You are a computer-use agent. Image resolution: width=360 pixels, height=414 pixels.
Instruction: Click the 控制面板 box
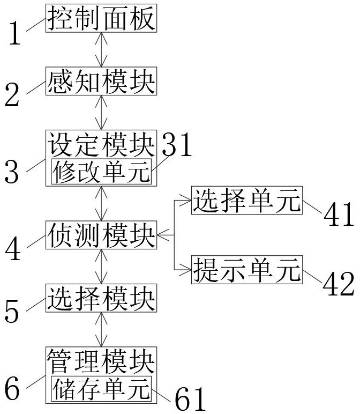point(101,18)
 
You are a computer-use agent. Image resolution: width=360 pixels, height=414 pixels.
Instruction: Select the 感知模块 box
point(101,81)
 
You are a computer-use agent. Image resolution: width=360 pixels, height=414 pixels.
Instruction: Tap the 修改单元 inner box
point(101,172)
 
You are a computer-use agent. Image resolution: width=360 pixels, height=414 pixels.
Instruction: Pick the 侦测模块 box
point(101,235)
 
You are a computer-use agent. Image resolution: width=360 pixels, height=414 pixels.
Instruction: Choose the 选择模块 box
point(101,298)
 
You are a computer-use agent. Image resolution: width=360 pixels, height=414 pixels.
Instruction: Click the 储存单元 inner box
point(101,389)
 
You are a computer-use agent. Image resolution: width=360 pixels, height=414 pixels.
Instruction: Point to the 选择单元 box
point(247,201)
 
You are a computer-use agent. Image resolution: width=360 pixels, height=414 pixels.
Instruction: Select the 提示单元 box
point(247,270)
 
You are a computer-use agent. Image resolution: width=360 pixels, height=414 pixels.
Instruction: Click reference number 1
point(15,33)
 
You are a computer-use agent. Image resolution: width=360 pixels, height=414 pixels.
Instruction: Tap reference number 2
point(12,95)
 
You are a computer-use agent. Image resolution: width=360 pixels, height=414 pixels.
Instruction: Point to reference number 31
point(177,144)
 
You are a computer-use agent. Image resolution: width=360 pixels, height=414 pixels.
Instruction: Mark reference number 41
point(339,214)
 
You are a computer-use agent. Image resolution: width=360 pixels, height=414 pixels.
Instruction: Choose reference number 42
point(339,284)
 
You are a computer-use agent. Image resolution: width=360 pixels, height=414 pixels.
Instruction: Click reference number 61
point(190,398)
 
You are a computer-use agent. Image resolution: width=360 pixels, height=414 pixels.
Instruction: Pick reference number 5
point(12,311)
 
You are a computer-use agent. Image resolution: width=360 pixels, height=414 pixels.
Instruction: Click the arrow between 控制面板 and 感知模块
point(101,50)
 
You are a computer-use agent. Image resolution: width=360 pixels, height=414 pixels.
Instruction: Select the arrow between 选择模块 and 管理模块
point(101,329)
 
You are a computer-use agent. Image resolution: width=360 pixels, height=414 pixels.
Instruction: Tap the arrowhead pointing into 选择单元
point(186,201)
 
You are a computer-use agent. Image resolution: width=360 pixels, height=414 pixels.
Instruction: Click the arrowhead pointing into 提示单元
point(186,270)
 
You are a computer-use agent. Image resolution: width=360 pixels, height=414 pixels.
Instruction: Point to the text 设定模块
point(101,144)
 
